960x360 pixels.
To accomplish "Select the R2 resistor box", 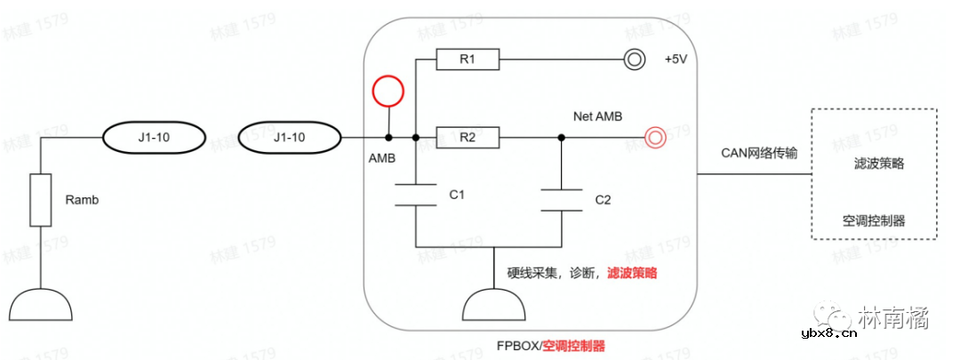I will click(468, 138).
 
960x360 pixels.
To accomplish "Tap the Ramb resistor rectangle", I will click(40, 200).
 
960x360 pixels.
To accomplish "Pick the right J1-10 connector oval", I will click(290, 138).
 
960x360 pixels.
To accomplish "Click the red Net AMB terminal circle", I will click(654, 138).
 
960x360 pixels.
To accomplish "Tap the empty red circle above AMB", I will click(388, 91).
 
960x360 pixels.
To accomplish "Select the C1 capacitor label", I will click(458, 195).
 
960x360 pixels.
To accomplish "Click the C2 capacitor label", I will click(603, 200).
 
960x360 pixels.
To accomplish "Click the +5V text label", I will click(677, 60).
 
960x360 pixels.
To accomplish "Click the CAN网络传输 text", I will click(759, 153).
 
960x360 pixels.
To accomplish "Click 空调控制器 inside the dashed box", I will click(874, 220).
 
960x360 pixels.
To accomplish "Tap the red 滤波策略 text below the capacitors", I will click(632, 274).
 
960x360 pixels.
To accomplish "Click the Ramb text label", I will click(82, 200).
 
